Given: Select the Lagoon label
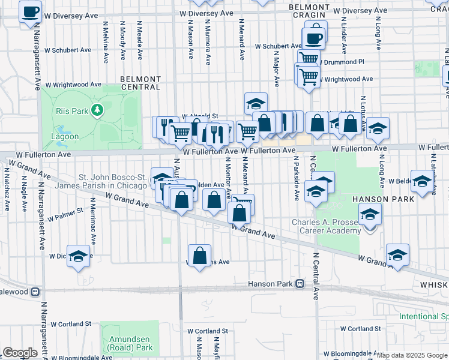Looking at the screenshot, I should coord(65,136).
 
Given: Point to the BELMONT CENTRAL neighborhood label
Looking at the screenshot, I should coord(140,83).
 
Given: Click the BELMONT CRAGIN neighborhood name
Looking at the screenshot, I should coord(309,10).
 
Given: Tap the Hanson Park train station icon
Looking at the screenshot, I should coord(299,284).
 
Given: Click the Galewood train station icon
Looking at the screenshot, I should coord(35,292).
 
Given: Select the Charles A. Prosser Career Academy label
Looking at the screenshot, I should coord(327,226).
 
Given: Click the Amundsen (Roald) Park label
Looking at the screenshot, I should coord(130,343).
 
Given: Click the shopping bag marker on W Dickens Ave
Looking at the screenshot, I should coord(199,256).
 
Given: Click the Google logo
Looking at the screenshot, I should coord(20,353).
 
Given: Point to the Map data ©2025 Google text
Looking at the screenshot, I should coord(412,355).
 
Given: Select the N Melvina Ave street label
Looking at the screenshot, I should coord(106,42).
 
